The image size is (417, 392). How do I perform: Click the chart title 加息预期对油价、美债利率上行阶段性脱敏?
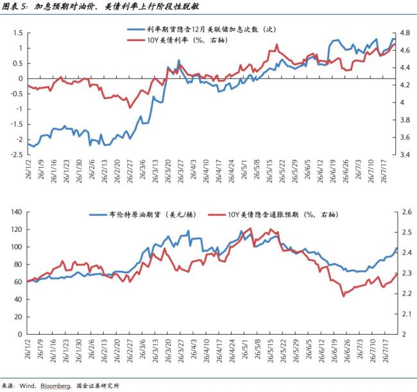pyautogui.click(x=117, y=6)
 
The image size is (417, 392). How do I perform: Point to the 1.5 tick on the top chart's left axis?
pyautogui.click(x=18, y=33)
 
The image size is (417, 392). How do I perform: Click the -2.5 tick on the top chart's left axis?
pyautogui.click(x=17, y=154)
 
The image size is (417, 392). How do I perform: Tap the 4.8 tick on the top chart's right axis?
pyautogui.click(x=405, y=33)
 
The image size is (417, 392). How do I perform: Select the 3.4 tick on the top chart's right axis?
pyautogui.click(x=405, y=154)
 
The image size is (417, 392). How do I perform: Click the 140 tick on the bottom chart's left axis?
pyautogui.click(x=17, y=212)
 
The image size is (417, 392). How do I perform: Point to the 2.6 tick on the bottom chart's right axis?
pyautogui.click(x=407, y=212)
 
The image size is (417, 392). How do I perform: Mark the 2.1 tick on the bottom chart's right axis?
pyautogui.click(x=407, y=314)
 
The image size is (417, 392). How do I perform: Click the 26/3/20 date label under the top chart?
pyautogui.click(x=168, y=171)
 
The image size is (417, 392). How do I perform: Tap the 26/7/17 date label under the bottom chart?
pyautogui.click(x=385, y=351)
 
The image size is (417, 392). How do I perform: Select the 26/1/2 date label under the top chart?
pyautogui.click(x=28, y=170)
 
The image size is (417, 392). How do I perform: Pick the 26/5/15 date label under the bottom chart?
pyautogui.click(x=270, y=351)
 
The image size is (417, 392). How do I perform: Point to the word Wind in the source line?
pyautogui.click(x=28, y=386)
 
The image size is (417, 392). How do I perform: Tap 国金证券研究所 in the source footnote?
pyautogui.click(x=98, y=386)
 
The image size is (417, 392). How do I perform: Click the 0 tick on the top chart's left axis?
pyautogui.click(x=21, y=79)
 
